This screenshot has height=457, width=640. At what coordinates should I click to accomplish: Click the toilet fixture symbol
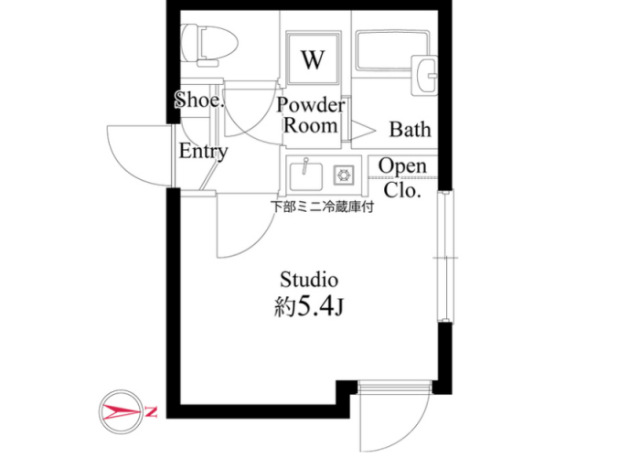[x=209, y=45]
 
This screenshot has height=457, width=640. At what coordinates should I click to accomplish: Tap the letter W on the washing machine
[x=313, y=59]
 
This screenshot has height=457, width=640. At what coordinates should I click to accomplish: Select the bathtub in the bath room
[x=392, y=50]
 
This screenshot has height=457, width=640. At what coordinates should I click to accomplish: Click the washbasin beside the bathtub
[x=424, y=75]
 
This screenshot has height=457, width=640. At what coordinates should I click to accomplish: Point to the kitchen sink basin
[x=305, y=175]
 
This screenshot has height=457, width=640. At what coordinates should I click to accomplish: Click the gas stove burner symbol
[x=343, y=175]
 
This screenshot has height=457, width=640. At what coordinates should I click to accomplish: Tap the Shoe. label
[x=199, y=100]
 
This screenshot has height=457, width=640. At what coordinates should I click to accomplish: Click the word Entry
[x=203, y=152]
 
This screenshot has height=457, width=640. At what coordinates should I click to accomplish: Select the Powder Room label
[x=311, y=115]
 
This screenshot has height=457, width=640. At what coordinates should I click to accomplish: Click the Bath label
[x=410, y=130]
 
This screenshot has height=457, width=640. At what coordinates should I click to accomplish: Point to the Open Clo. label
[x=402, y=178]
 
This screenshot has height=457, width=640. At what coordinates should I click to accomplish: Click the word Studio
[x=309, y=280]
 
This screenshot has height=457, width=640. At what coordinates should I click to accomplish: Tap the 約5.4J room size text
[x=309, y=306]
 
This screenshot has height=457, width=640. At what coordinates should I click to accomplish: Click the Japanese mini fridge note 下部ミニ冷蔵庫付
[x=323, y=207]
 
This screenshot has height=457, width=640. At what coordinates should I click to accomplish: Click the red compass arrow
[x=122, y=412]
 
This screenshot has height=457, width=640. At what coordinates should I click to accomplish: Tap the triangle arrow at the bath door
[x=363, y=131]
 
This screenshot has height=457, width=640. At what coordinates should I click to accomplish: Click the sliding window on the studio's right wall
[x=445, y=257]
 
